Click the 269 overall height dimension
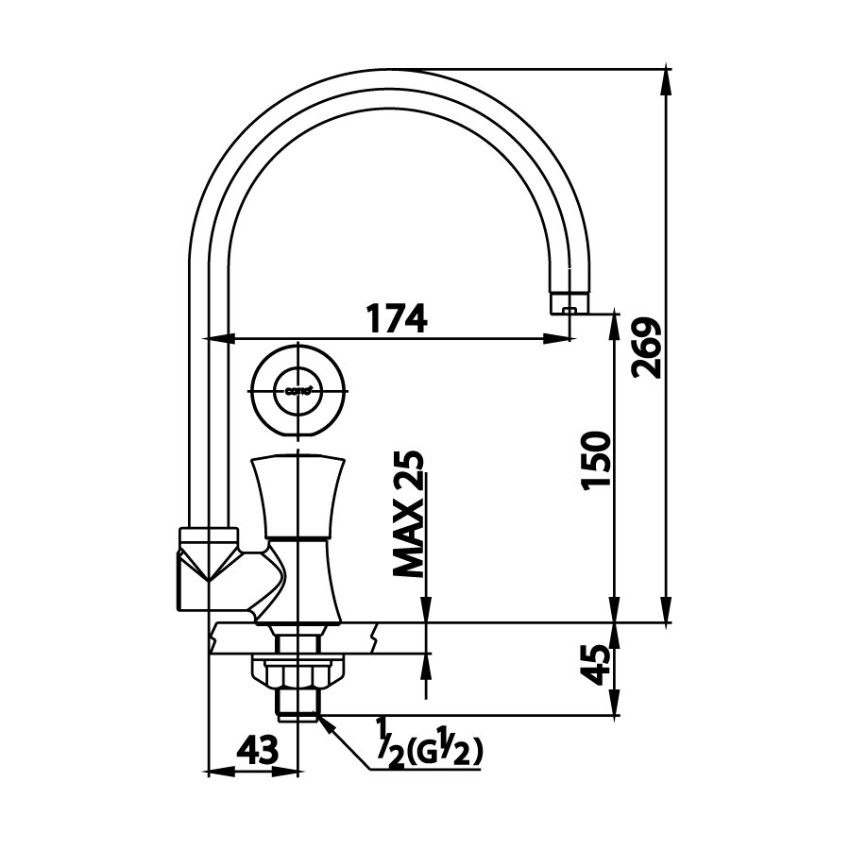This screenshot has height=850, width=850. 647,348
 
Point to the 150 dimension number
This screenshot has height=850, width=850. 594,460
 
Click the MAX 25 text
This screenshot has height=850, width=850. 409,515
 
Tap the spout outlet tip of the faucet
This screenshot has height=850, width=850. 569,306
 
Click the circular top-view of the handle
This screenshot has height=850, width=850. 297,389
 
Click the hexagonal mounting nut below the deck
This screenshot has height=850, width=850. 297,672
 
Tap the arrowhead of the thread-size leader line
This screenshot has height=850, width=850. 322,722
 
